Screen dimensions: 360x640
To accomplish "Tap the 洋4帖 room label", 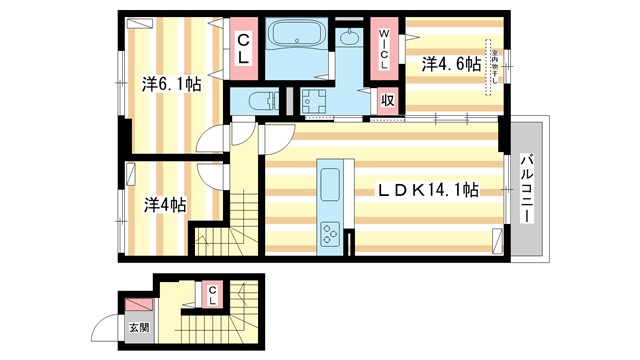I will pos(163,204).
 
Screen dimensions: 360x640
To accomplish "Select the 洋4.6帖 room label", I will pos(450,64).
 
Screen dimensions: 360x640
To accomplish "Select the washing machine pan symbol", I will pos(316,101).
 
